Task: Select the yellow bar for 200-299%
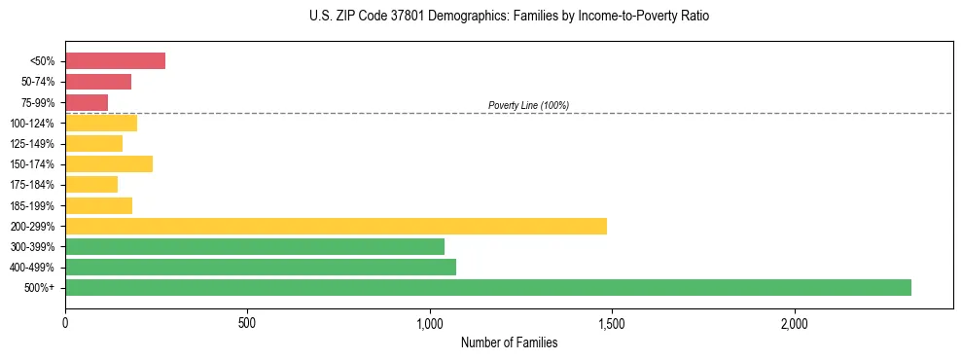(x=336, y=226)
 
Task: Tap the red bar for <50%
(x=115, y=61)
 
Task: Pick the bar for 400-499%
(x=261, y=267)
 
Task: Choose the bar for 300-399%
(x=255, y=246)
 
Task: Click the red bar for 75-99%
(x=87, y=102)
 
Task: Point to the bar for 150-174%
(x=109, y=163)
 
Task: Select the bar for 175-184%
(x=91, y=184)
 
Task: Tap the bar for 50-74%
(x=98, y=82)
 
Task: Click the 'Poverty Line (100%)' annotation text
(x=528, y=105)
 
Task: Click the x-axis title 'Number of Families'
(x=509, y=343)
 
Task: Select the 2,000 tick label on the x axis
(x=794, y=323)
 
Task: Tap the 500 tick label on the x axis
(x=247, y=323)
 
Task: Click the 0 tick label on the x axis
(x=65, y=323)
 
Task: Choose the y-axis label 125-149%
(x=32, y=144)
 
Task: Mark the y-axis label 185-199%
(x=32, y=205)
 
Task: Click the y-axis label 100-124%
(x=32, y=124)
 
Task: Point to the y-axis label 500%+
(x=40, y=288)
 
